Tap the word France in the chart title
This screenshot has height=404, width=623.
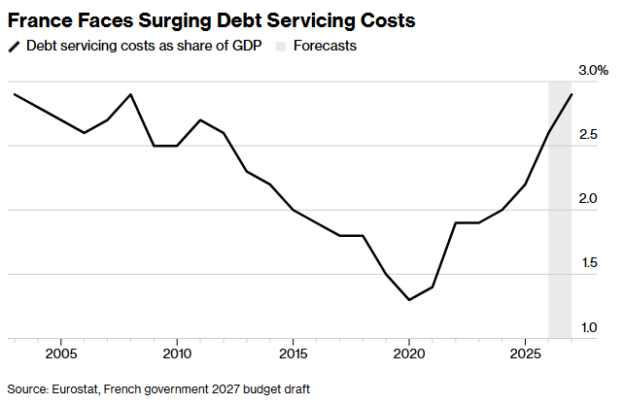click(39, 20)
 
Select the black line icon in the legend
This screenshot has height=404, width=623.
click(14, 47)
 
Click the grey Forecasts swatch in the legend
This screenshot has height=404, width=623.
click(281, 47)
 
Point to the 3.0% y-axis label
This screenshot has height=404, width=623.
click(593, 71)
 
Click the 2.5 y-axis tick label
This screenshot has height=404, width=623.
click(588, 135)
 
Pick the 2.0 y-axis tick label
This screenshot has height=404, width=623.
click(588, 198)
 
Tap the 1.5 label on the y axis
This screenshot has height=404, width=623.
click(589, 263)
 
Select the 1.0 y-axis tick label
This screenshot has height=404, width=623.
click(589, 328)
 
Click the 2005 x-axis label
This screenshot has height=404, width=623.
click(61, 353)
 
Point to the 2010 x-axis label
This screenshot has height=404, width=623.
click(177, 353)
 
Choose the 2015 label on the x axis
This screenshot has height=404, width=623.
click(293, 353)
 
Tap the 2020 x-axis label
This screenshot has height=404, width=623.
click(409, 353)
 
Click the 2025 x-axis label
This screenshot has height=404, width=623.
click(525, 353)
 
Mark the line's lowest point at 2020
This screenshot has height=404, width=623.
click(409, 300)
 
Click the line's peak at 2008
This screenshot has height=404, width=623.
click(130, 94)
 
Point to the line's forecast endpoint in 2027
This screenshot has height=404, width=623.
click(571, 94)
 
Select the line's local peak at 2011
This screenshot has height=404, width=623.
click(200, 119)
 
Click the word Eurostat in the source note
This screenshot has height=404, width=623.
click(75, 389)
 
